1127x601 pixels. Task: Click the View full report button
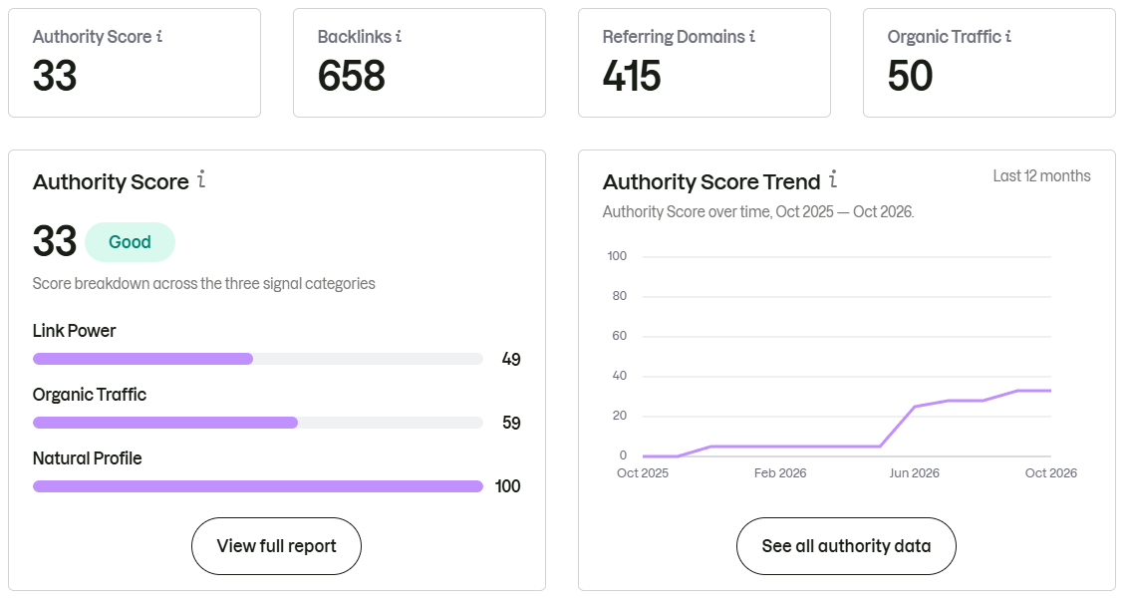(276, 546)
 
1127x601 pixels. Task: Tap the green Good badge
(131, 242)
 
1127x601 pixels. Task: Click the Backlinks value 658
(352, 76)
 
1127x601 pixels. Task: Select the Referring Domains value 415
(632, 76)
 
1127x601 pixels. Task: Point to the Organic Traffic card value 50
(910, 76)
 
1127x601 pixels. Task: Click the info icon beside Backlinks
(399, 36)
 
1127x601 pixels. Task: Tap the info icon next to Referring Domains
(751, 36)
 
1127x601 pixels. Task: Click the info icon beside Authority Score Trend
(833, 179)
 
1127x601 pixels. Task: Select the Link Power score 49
(511, 360)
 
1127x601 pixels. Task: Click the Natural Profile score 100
(507, 486)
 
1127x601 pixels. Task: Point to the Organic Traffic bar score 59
(511, 423)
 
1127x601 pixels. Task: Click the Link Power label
(74, 331)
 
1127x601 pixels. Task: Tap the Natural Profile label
(87, 458)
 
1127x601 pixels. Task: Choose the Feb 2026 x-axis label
(780, 473)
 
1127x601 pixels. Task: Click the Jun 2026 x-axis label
(914, 473)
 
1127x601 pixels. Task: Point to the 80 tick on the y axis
(619, 295)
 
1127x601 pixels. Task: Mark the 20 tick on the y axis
(619, 416)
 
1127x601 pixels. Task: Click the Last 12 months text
(1041, 176)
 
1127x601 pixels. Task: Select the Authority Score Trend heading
(711, 181)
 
